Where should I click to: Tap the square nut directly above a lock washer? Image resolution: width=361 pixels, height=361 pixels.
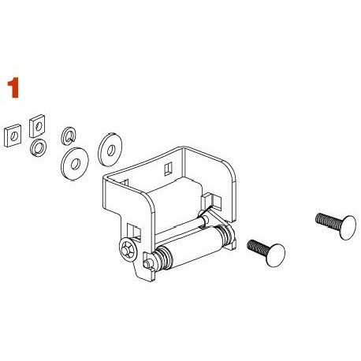(x=36, y=125)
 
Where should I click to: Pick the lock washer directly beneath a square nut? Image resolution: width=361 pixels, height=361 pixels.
(x=37, y=147)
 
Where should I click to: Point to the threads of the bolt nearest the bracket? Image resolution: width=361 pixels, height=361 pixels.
(x=256, y=247)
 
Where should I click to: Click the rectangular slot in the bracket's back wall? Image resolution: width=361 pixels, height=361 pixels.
(x=168, y=168)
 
